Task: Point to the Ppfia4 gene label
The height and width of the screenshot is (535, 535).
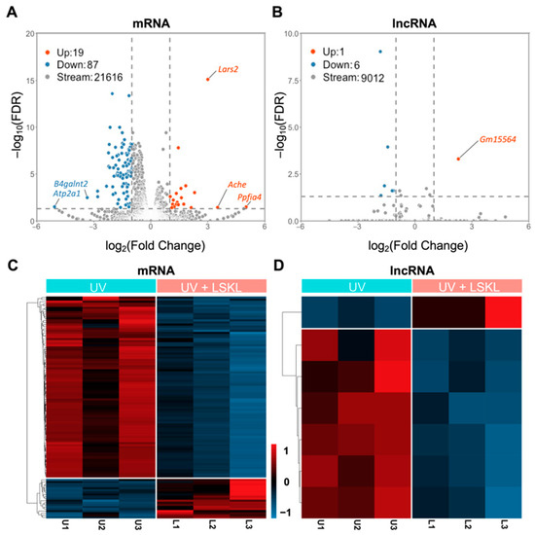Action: [249, 197]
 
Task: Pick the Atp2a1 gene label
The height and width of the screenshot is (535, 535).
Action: [70, 193]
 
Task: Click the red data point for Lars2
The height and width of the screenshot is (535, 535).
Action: [207, 79]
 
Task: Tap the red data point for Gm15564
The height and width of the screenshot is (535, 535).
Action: [459, 159]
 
